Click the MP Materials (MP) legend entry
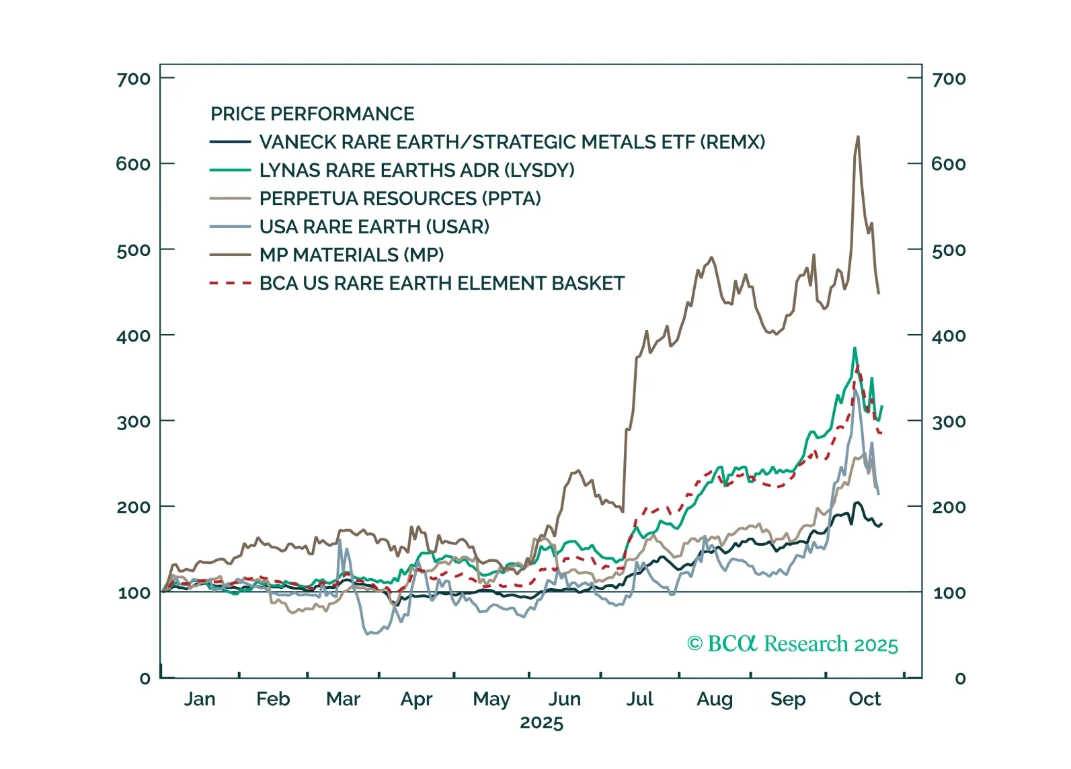pyautogui.click(x=351, y=255)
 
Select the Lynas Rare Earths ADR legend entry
pyautogui.click(x=416, y=171)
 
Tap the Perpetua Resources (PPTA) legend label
pyautogui.click(x=400, y=199)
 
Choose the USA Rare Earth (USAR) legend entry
pyautogui.click(x=374, y=227)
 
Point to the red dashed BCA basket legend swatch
pyautogui.click(x=231, y=284)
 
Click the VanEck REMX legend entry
pyautogui.click(x=512, y=143)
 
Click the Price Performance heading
pyautogui.click(x=312, y=114)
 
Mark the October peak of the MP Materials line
pyautogui.click(x=857, y=137)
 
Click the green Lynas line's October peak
pyautogui.click(x=855, y=348)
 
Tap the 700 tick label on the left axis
pyautogui.click(x=134, y=79)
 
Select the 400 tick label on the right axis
pyautogui.click(x=948, y=336)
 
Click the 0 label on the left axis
pyautogui.click(x=145, y=679)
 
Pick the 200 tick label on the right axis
pyautogui.click(x=948, y=508)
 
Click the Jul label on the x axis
pyautogui.click(x=639, y=700)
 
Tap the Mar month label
pyautogui.click(x=343, y=700)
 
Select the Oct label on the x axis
pyautogui.click(x=864, y=700)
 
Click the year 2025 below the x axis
pyautogui.click(x=541, y=723)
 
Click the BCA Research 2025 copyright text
pyautogui.click(x=792, y=644)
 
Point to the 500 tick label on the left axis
pyautogui.click(x=134, y=251)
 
